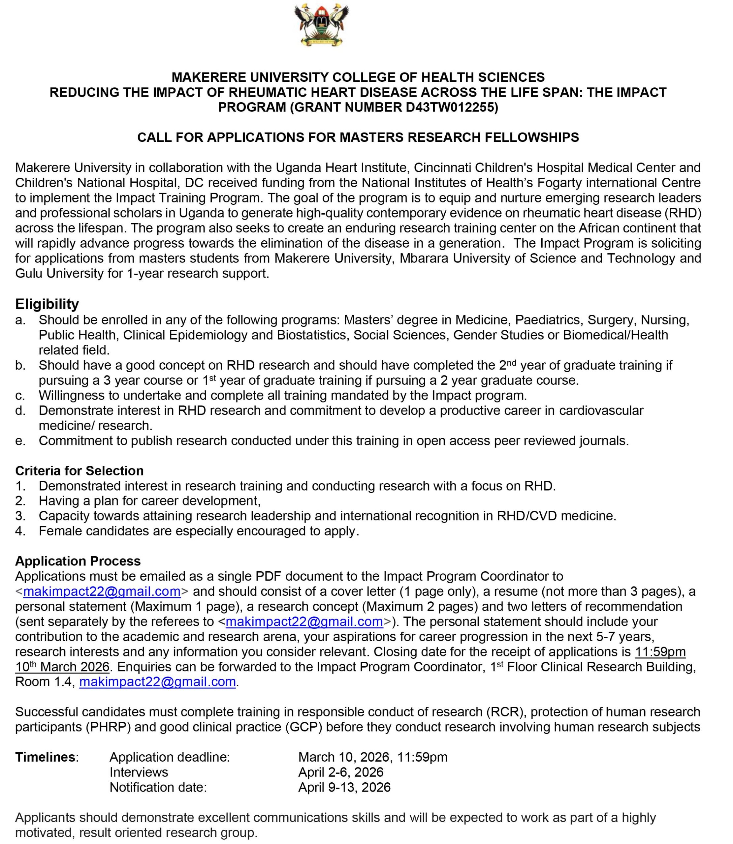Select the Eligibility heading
(47, 304)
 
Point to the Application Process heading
(78, 561)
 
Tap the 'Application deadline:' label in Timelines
(170, 757)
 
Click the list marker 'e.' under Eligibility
(21, 441)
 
